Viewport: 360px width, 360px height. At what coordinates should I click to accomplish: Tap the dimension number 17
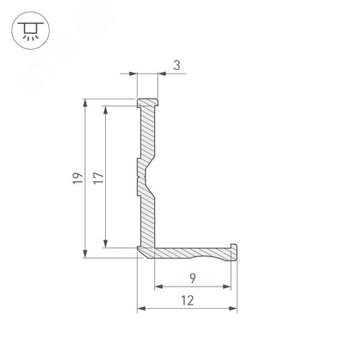98,177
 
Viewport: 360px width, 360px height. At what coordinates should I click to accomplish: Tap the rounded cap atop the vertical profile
147,100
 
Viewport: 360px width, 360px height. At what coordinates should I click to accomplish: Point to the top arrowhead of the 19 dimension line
86,104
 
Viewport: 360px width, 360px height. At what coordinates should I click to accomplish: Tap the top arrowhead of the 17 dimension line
106,110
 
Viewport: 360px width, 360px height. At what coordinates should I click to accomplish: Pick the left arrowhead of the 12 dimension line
141,309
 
